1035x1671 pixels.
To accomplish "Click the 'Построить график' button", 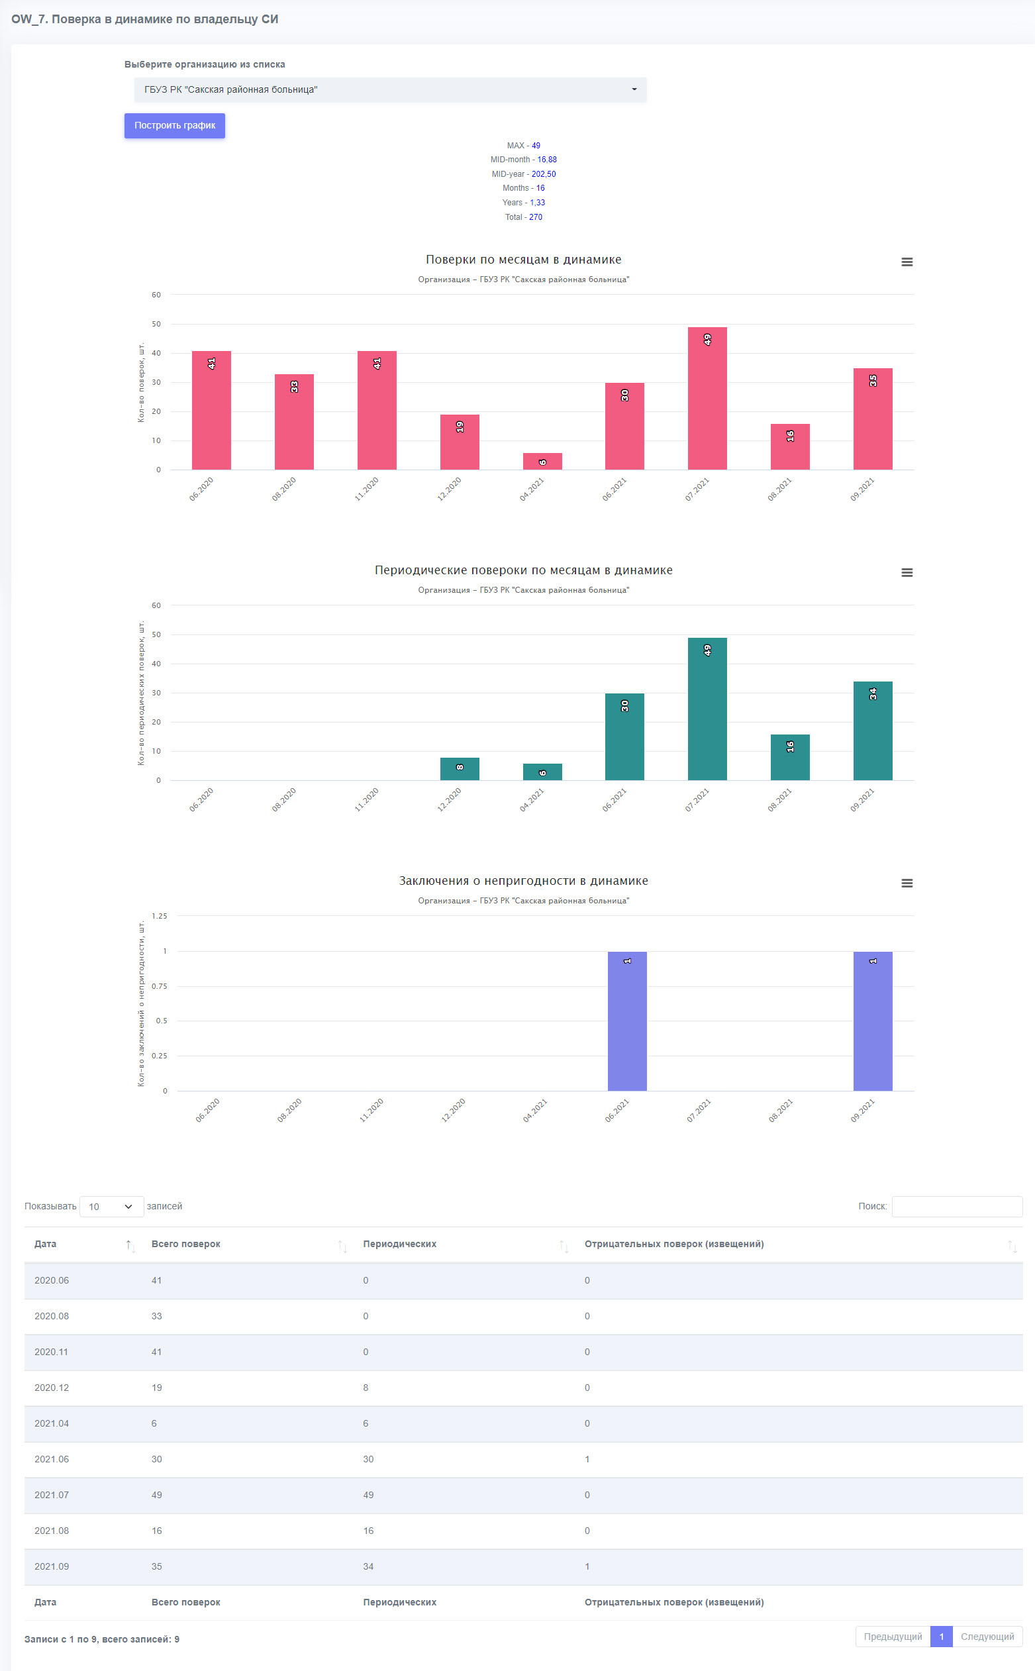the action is coord(175,125).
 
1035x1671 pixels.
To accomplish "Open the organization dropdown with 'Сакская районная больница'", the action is coord(390,89).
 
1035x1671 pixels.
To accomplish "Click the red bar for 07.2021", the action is coord(707,399).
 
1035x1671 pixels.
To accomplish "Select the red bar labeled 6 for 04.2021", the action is coord(542,462).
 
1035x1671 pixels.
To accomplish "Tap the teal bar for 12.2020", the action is coord(460,769).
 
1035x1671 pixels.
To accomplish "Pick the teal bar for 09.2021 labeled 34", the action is coord(873,731).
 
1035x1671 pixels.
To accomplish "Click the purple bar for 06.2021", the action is coord(627,1021).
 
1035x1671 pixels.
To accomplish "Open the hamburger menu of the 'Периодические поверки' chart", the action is coord(907,572).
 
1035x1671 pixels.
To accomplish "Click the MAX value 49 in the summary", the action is coord(536,146).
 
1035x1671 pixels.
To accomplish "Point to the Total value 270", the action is coord(535,217).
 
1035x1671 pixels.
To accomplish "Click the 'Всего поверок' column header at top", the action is coord(185,1244).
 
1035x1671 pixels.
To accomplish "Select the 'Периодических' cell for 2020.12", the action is coord(366,1388).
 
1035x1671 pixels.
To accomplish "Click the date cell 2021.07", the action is coord(52,1495).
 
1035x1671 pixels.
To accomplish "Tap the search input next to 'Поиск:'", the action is coord(957,1206).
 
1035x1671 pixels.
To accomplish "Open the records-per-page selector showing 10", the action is coord(111,1206).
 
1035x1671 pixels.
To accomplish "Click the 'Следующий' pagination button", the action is coord(987,1636).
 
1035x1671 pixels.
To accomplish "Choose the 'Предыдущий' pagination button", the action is coord(893,1636).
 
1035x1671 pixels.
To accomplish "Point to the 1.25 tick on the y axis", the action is coord(160,916).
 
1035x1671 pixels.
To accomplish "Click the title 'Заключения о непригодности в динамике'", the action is coord(524,881).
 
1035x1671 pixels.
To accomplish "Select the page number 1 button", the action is coord(941,1636).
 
